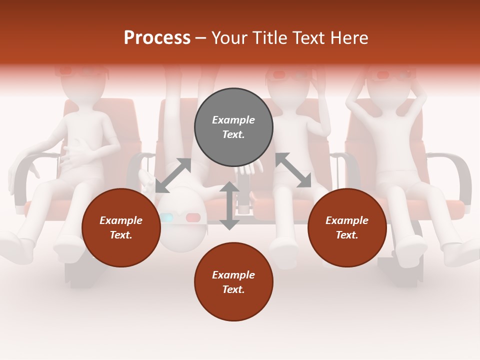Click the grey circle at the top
pyautogui.click(x=233, y=127)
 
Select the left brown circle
pyautogui.click(x=121, y=228)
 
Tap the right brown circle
pyautogui.click(x=347, y=228)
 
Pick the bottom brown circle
pyautogui.click(x=233, y=282)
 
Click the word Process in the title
pyautogui.click(x=157, y=38)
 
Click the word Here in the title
pyautogui.click(x=350, y=38)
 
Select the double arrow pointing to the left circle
pyautogui.click(x=173, y=175)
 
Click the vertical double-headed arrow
pyautogui.click(x=229, y=205)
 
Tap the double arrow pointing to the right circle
pyautogui.click(x=293, y=170)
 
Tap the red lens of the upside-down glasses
pyautogui.click(x=193, y=217)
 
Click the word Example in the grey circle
pyautogui.click(x=233, y=120)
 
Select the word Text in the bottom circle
pyautogui.click(x=233, y=289)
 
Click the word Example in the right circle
pyautogui.click(x=347, y=220)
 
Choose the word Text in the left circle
pyautogui.click(x=121, y=235)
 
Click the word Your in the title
pyautogui.click(x=230, y=38)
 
